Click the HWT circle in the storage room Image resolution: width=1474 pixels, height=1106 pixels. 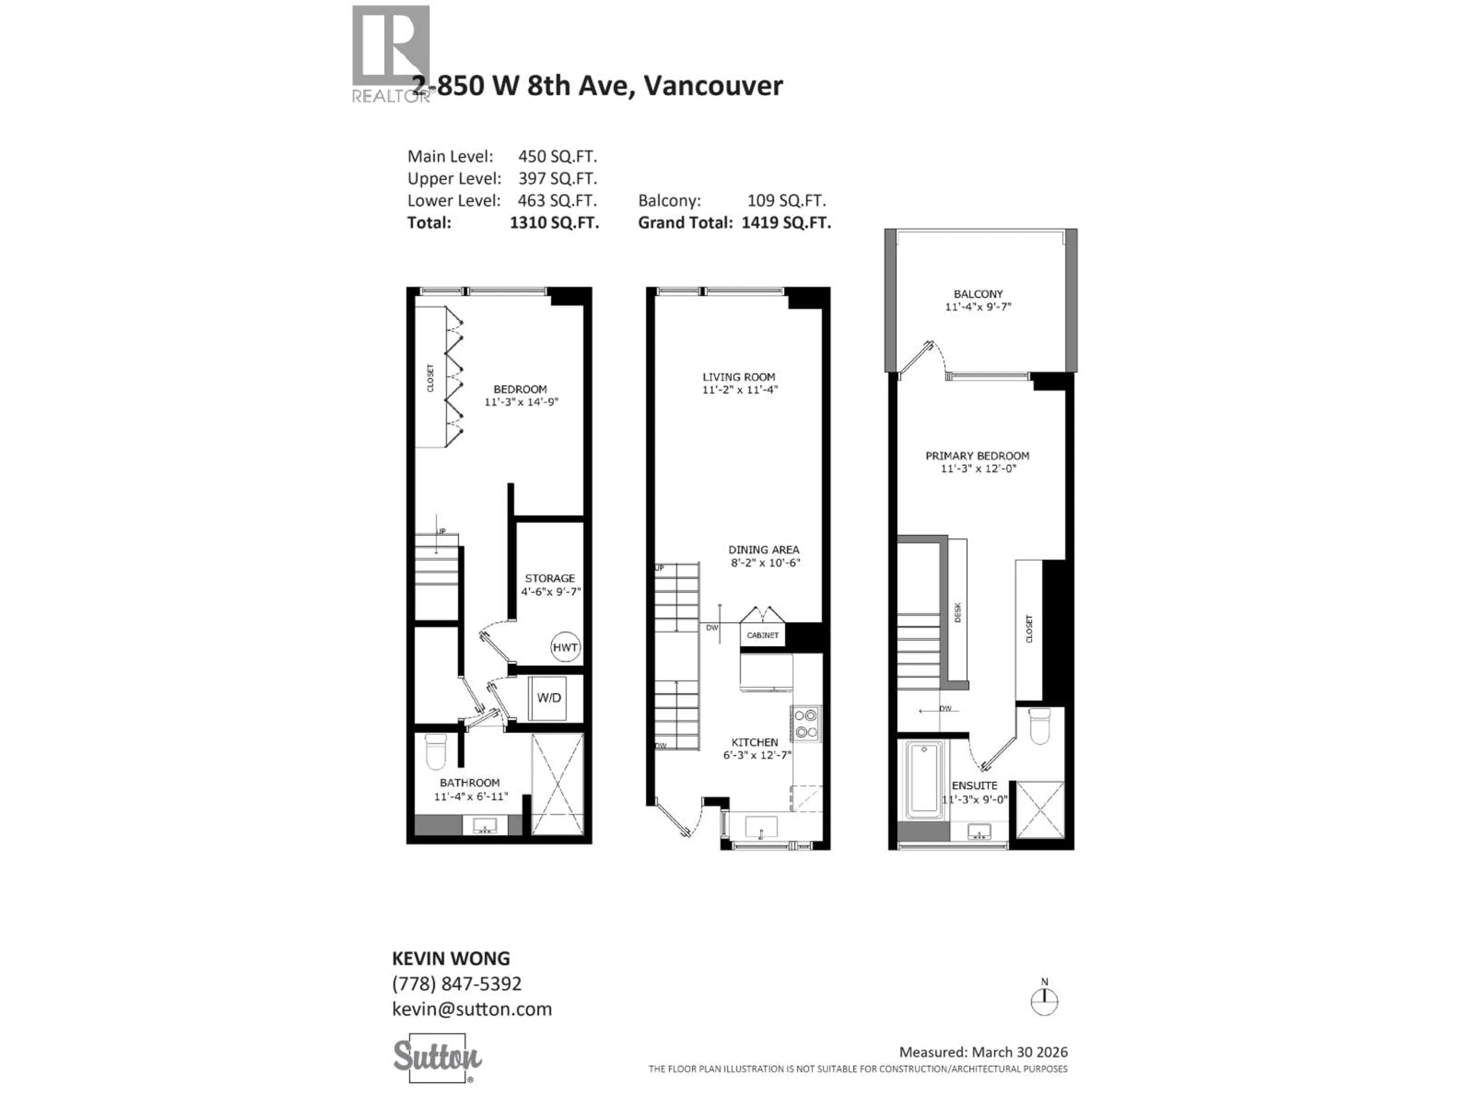[565, 647]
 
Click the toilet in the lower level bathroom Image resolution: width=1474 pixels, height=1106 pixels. [436, 751]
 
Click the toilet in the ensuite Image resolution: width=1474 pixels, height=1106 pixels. [1039, 726]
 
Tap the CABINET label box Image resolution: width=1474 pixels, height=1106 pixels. [762, 635]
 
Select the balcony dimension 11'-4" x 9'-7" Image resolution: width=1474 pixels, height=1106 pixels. [978, 307]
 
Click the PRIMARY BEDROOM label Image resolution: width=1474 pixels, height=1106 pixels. [977, 456]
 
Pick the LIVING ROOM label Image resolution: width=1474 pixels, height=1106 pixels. [738, 377]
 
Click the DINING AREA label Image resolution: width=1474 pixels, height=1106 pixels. [763, 550]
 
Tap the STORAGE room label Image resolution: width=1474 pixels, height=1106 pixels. [550, 578]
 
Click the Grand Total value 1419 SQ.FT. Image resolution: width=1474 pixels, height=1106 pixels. [786, 223]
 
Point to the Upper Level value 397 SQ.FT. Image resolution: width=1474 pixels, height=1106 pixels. [557, 179]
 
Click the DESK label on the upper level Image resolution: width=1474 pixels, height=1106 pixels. [958, 612]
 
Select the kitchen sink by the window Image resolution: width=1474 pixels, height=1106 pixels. [761, 827]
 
